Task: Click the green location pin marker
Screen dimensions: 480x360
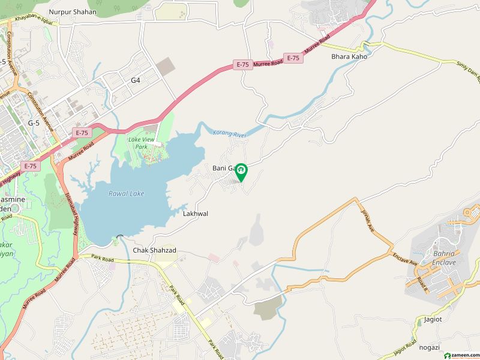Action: pos(241,172)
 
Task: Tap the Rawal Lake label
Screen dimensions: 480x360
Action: pos(126,193)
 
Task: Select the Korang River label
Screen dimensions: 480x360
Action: pos(230,135)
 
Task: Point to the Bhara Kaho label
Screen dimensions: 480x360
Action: pos(349,56)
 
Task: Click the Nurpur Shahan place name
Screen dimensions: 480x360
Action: pos(73,11)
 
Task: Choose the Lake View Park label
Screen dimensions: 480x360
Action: pos(142,143)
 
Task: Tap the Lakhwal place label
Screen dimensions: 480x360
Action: pos(196,213)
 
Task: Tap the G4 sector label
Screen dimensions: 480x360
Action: pos(136,80)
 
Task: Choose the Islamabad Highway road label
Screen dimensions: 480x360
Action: pos(76,216)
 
